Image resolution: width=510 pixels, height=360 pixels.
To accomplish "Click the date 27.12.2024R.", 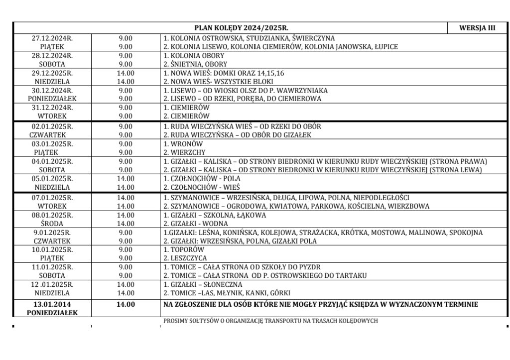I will [x=52, y=38].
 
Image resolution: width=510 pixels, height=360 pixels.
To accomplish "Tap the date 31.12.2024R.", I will [x=52, y=108].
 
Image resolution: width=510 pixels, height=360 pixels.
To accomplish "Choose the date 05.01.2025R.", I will [x=52, y=178].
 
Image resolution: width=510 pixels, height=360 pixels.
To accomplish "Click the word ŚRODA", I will [x=52, y=224].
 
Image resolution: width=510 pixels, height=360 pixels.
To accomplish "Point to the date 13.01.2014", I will [x=52, y=304].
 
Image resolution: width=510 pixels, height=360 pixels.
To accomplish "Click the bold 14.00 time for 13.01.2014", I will [x=126, y=304].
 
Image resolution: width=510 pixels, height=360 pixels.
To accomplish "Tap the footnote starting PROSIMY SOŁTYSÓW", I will [x=270, y=321].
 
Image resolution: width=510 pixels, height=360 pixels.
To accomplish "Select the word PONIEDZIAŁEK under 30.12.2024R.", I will [x=52, y=99].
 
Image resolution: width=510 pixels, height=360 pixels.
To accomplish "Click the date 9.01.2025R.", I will [x=52, y=233].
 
